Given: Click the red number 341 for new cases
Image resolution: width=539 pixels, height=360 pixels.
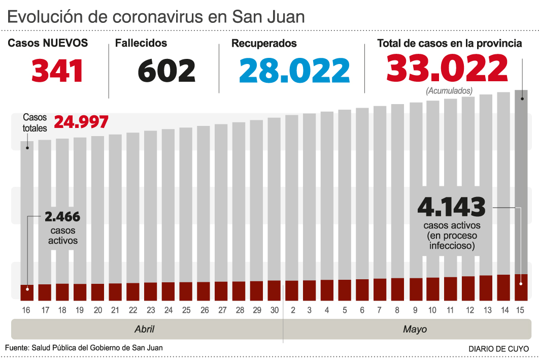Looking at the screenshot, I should pyautogui.click(x=57, y=71).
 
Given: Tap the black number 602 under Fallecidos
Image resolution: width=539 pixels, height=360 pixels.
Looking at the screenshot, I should pyautogui.click(x=166, y=71).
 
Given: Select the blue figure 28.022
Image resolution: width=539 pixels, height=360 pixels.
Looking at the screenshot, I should pyautogui.click(x=294, y=71).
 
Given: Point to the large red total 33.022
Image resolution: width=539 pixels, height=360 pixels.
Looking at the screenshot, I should pyautogui.click(x=447, y=69).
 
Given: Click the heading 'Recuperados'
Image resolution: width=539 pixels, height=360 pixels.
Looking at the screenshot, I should pyautogui.click(x=264, y=44).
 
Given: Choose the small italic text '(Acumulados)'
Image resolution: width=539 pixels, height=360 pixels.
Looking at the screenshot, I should pyautogui.click(x=449, y=91).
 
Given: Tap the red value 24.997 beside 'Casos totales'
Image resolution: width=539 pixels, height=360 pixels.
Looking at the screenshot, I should pyautogui.click(x=81, y=122).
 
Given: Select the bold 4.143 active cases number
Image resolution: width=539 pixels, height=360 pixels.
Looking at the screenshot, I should pyautogui.click(x=451, y=207).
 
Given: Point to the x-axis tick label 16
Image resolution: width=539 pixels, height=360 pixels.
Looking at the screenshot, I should pyautogui.click(x=26, y=310).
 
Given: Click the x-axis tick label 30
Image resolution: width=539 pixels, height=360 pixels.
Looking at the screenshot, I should pyautogui.click(x=274, y=310).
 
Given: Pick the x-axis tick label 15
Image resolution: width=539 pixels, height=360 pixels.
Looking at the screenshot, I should pyautogui.click(x=520, y=310).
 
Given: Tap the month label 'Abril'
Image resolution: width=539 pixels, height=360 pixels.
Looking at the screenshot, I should pyautogui.click(x=144, y=329).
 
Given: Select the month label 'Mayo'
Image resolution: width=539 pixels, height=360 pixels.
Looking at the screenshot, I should pyautogui.click(x=415, y=329).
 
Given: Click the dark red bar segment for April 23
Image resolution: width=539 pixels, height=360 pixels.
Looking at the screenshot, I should pyautogui.click(x=150, y=291).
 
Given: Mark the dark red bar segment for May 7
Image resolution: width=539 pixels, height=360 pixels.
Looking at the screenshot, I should pyautogui.click(x=380, y=289).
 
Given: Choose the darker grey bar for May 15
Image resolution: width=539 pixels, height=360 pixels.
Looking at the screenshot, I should pyautogui.click(x=521, y=178).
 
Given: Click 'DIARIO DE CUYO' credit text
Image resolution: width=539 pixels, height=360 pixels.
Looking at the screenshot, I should pyautogui.click(x=498, y=349).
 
